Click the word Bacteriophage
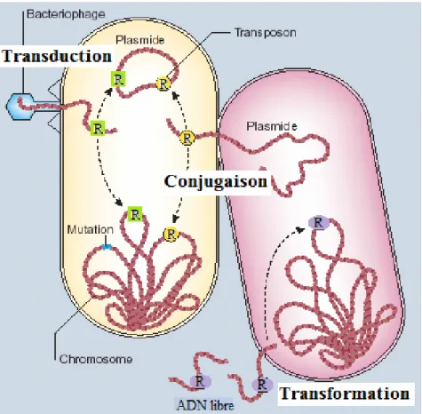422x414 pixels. point(66,14)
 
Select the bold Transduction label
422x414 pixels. point(57,56)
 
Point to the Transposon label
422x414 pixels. point(266,33)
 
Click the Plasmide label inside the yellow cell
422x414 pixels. point(139,40)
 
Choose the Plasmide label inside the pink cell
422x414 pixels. point(272,126)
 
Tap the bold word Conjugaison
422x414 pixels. point(216,181)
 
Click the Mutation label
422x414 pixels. point(90,229)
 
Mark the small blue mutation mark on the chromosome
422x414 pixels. point(107,247)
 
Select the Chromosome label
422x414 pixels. point(96,359)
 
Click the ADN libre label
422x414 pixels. point(205,405)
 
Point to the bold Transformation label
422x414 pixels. point(345,394)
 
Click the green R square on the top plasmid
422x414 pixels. point(118,79)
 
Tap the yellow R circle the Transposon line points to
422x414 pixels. point(163,84)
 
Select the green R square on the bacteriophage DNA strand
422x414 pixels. point(98,129)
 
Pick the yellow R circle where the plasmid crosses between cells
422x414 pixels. point(187,139)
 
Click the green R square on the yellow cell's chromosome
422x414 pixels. point(135,214)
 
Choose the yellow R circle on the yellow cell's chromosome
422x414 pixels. point(171,235)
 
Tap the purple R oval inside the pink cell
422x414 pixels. point(319,222)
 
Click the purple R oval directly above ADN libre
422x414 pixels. point(200,381)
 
